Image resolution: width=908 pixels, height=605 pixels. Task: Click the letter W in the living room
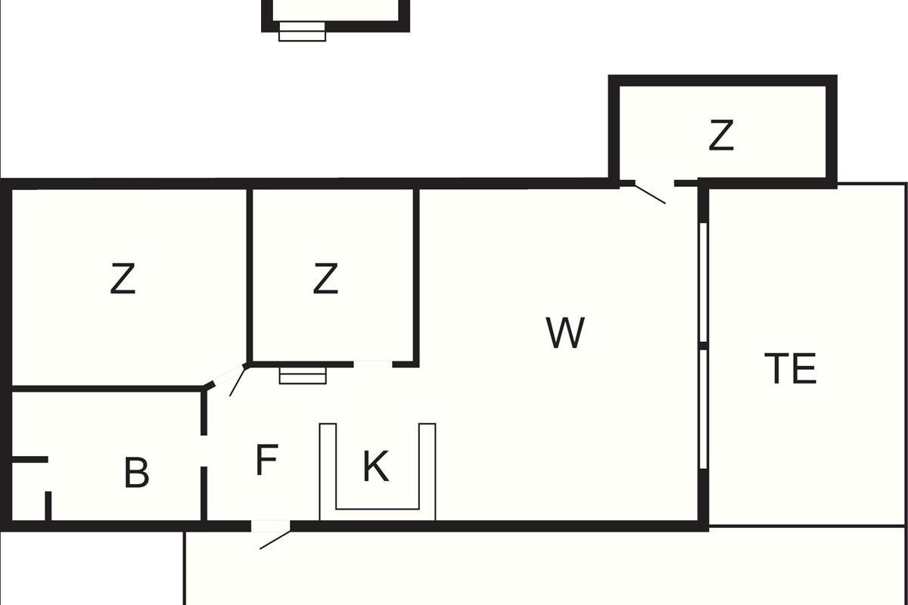pos(565,333)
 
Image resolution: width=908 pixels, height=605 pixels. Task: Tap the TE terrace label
pos(790,368)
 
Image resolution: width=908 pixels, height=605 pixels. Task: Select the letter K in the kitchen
pos(376,466)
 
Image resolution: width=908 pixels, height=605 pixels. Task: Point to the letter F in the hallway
pos(266,460)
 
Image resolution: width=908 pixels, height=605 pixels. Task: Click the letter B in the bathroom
pos(136,473)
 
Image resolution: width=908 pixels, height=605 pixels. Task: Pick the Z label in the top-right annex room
pos(721,135)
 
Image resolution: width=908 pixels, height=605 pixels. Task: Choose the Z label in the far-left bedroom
pos(123,278)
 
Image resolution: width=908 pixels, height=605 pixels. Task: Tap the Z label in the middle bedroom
pos(325,278)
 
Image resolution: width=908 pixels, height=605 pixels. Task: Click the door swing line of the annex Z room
pos(650,194)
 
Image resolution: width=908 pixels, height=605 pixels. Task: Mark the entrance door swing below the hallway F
pos(275,540)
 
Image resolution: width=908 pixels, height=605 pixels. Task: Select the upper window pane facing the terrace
pos(704,282)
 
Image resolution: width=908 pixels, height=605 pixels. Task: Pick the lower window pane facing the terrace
pos(704,409)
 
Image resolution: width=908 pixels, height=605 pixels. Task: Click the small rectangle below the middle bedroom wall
pos(303,376)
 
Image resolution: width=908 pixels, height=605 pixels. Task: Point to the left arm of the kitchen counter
pos(328,472)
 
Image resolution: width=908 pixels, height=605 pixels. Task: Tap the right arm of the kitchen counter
pos(428,472)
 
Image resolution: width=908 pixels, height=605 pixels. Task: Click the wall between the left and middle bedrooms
pos(250,275)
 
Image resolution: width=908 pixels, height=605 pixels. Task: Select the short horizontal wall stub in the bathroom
pos(30,460)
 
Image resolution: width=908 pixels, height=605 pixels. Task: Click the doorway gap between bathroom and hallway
pos(204,451)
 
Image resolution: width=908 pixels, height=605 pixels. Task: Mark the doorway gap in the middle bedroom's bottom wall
pos(373,365)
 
